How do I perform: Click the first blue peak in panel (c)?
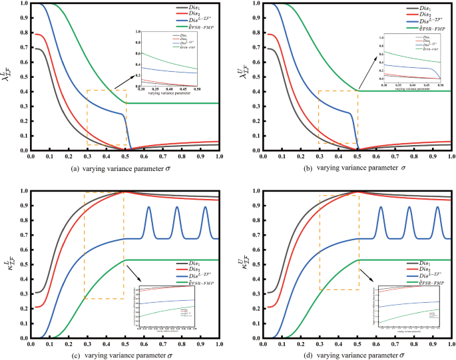(x=148, y=208)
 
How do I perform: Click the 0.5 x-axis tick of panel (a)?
(x=124, y=157)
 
